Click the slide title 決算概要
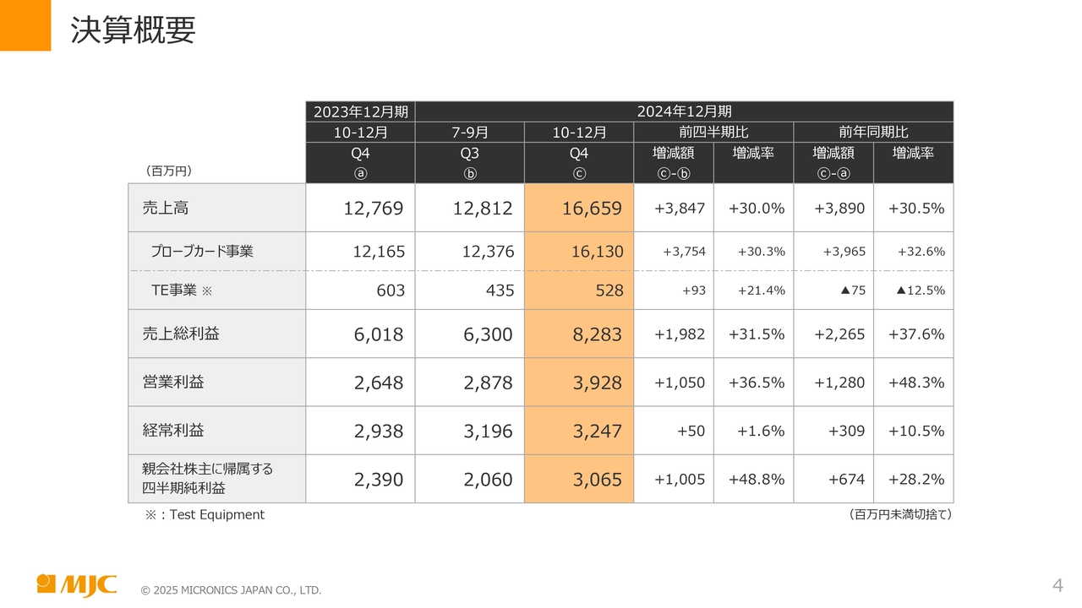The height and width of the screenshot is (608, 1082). tap(133, 30)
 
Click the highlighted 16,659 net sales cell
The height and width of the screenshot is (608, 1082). tap(592, 209)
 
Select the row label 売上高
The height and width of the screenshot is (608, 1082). tap(160, 208)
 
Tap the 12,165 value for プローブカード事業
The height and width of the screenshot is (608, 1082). tap(379, 252)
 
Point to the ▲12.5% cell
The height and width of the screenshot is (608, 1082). tap(920, 290)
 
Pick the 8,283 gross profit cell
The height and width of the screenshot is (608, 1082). tap(597, 334)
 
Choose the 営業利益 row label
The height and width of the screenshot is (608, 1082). tap(173, 382)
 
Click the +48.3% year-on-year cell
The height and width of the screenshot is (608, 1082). tap(916, 383)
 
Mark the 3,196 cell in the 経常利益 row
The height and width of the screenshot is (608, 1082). tap(488, 432)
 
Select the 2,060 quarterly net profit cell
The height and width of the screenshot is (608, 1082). tap(488, 480)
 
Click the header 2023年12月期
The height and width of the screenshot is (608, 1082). tap(361, 111)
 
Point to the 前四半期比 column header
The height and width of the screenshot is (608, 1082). tap(713, 133)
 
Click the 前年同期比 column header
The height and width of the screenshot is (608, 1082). tap(873, 133)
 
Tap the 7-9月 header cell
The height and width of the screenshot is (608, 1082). tap(470, 133)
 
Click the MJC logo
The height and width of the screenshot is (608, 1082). tap(77, 584)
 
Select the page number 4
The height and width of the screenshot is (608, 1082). tap(1057, 585)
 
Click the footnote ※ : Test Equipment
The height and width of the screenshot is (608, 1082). tap(205, 514)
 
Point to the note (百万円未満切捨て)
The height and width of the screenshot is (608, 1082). tap(900, 514)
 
